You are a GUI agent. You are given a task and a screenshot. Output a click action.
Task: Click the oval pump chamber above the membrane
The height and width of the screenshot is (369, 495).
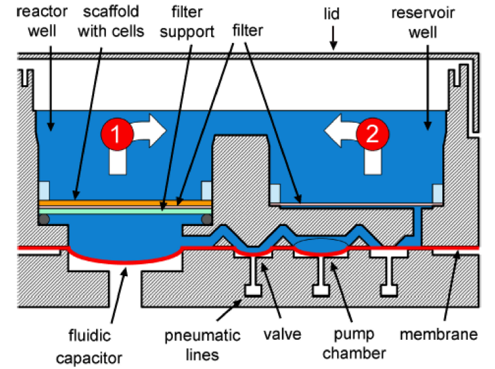click(322, 244)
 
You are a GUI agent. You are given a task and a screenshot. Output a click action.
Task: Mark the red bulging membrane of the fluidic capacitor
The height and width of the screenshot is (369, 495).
click(123, 261)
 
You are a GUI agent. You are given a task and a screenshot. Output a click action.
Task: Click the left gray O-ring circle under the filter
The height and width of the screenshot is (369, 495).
click(43, 220)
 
